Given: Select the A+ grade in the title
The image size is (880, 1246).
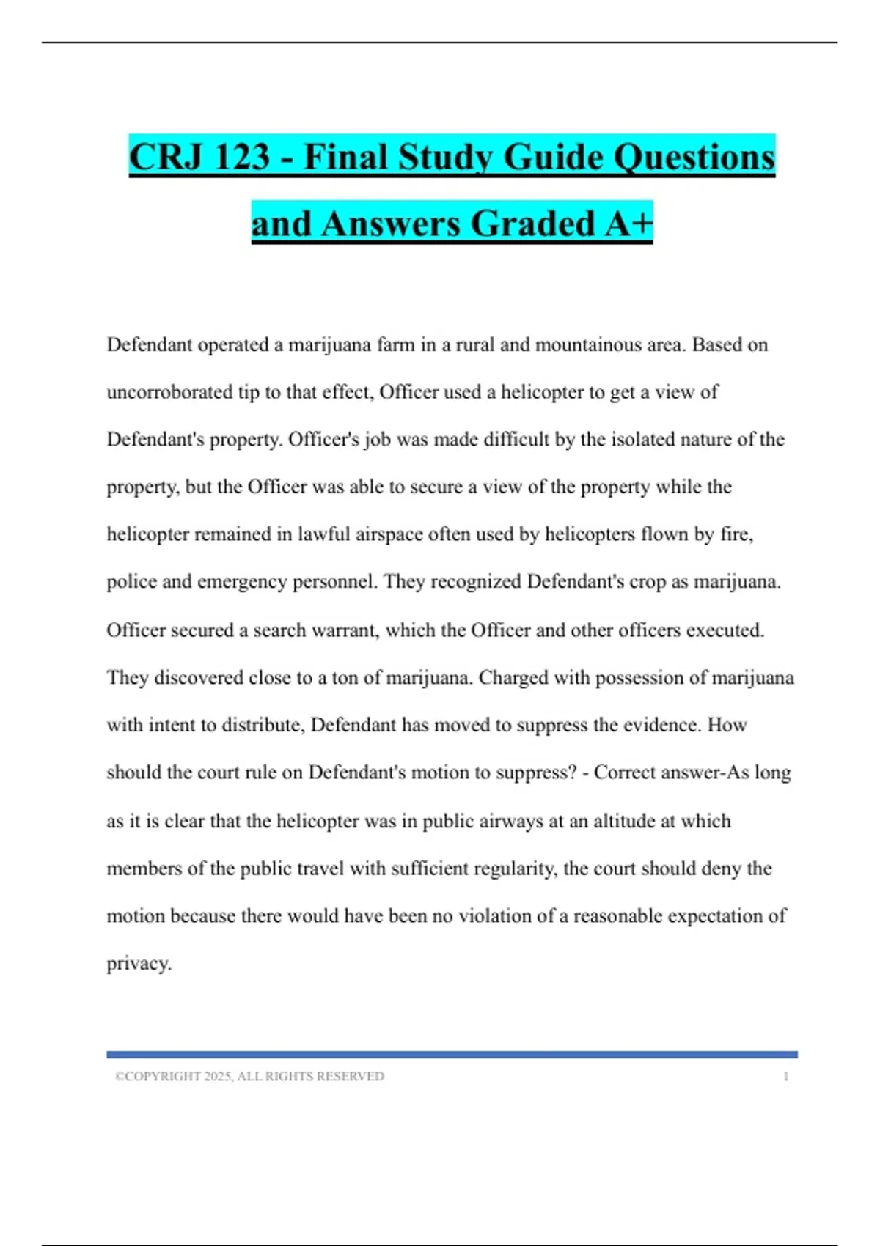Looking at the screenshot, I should [x=628, y=224].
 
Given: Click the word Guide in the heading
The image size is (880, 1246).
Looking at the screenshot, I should [x=551, y=157].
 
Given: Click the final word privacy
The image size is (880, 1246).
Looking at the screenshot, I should [x=139, y=963].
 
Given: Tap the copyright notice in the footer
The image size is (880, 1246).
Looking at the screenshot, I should [x=249, y=1077].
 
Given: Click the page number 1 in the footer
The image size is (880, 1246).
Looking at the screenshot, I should [x=786, y=1077].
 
